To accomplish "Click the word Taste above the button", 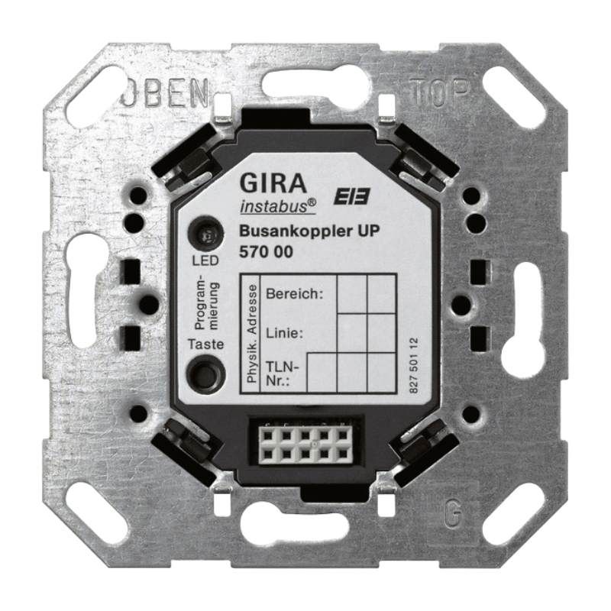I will pos(205,344).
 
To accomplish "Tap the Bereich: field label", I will pos(294,293).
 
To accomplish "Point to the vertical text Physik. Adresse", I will pos(250,335).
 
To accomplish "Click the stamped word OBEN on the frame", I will pos(163,95).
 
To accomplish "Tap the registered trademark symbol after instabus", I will pos(312,202).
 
